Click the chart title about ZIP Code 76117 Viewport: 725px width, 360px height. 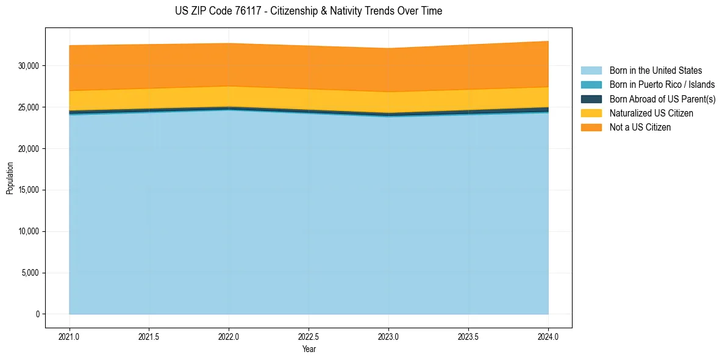click(309, 11)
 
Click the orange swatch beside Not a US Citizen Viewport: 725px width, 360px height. click(591, 127)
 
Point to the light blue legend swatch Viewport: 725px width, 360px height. click(591, 71)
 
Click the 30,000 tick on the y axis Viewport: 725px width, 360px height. click(29, 66)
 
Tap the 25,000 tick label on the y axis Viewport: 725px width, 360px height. click(29, 107)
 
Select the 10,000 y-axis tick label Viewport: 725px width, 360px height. click(29, 231)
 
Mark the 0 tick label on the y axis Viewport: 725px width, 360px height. click(37, 314)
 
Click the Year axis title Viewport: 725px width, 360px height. click(309, 349)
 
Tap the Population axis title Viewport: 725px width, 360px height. click(10, 178)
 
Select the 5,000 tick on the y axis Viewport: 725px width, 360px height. click(30, 273)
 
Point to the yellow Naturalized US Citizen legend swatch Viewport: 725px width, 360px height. click(591, 113)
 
